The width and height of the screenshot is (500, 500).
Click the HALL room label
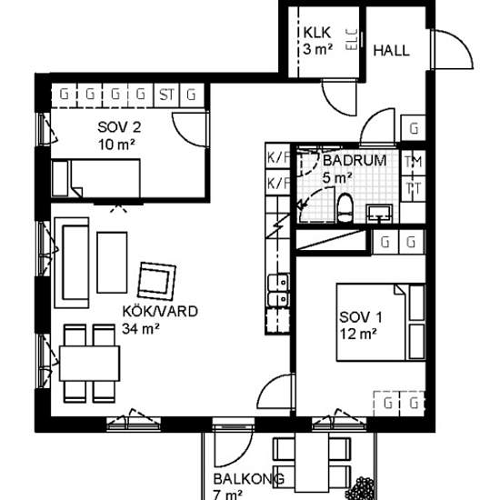coord(391,51)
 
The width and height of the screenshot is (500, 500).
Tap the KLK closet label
coord(317,33)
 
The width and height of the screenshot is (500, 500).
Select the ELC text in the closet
coord(352,39)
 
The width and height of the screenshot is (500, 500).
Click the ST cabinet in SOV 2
coord(166,95)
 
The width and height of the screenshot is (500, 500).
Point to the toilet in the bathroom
coord(345,208)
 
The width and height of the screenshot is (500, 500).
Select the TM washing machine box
coord(414,163)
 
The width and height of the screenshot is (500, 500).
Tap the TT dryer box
coord(414,188)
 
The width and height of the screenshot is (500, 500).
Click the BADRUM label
coord(355,160)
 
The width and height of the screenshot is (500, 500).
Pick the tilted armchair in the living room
coord(156,281)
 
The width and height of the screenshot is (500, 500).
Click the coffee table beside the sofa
coord(112,263)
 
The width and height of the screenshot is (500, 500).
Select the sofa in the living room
coord(72,263)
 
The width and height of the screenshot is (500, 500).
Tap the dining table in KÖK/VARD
coord(90,364)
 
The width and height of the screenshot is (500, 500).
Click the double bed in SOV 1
coord(381,323)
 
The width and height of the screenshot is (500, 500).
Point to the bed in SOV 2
coord(96,178)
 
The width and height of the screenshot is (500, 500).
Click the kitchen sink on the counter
coord(278,291)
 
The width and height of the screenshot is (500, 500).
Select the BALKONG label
coord(249,479)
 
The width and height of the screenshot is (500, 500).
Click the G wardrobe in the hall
coord(414,128)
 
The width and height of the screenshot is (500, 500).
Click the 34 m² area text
coord(141,329)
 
